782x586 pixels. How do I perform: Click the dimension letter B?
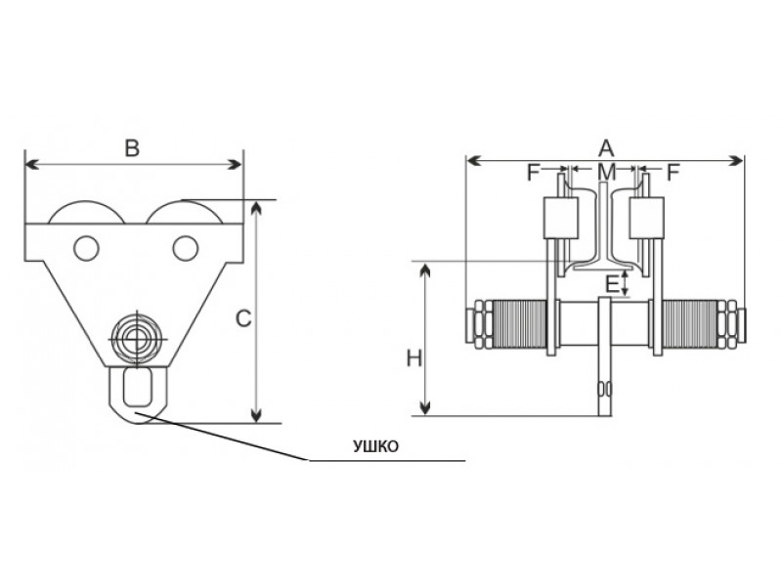pos(132,148)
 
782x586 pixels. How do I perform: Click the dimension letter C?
pos(243,319)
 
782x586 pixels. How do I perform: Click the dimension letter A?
pos(606,148)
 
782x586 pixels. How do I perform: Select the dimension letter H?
pos(413,358)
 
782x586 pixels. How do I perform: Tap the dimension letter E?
pos(612,284)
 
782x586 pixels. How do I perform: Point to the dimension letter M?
pos(607,173)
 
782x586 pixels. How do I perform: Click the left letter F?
pos(534,173)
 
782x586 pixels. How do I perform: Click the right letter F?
pos(673,173)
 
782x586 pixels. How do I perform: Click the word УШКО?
pos(376,446)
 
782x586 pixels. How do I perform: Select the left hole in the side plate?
pos(86,248)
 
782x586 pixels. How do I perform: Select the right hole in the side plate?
pos(186,248)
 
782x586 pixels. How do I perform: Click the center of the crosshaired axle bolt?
pos(136,339)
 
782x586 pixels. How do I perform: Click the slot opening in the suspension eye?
pos(138,386)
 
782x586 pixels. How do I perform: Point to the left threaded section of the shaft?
pos(519,323)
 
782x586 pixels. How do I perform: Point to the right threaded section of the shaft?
pos(690,323)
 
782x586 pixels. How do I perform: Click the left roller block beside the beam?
pos(560,218)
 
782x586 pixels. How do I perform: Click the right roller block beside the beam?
pos(647,218)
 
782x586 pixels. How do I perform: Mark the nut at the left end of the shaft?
pos(480,323)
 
